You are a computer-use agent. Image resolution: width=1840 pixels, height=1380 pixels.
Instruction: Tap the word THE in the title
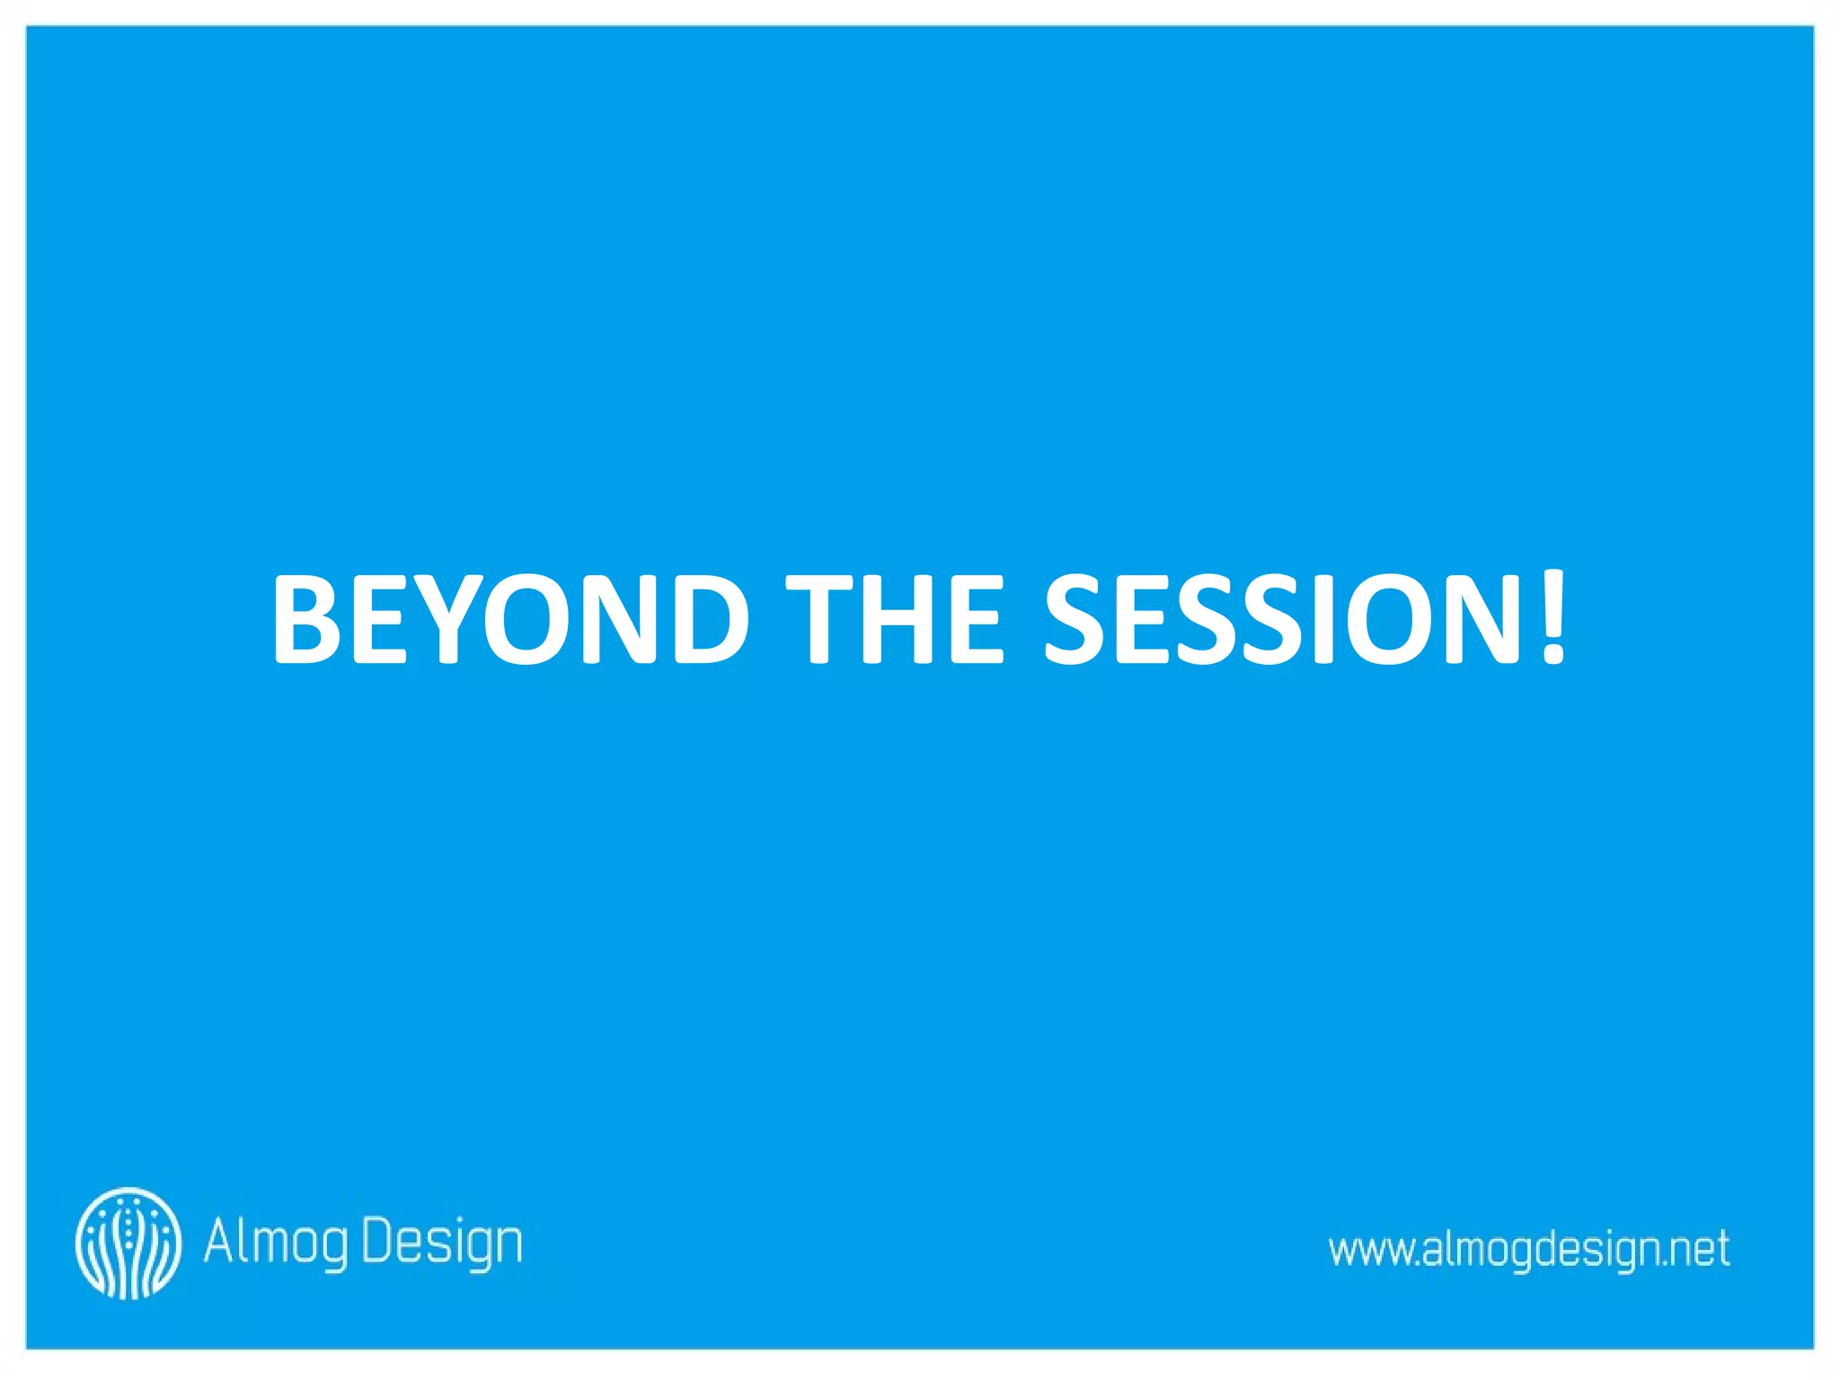[894, 620]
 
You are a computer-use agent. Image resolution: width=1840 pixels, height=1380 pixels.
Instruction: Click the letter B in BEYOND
[307, 620]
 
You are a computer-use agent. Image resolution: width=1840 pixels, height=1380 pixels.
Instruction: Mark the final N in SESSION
[1482, 620]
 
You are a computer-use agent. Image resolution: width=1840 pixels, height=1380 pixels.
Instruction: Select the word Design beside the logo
[442, 1244]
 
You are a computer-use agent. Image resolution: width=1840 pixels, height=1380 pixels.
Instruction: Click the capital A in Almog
[219, 1240]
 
